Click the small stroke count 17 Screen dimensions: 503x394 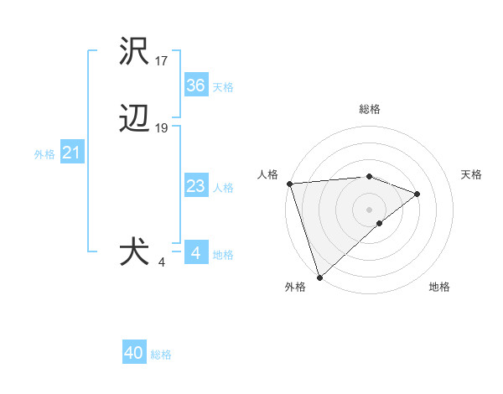coord(162,61)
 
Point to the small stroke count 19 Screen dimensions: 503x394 coord(162,128)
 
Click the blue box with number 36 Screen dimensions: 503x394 coord(195,85)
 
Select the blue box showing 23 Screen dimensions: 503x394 coord(195,186)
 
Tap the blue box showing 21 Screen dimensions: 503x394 coord(71,153)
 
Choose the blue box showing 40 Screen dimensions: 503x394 coord(134,353)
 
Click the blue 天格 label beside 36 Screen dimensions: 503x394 coord(222,86)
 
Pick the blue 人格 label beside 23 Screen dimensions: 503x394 coord(223,188)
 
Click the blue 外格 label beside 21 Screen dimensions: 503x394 coord(44,154)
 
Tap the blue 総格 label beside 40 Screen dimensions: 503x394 coord(161,355)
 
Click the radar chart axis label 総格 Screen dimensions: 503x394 coord(369,109)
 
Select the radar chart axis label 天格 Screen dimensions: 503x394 coord(472,174)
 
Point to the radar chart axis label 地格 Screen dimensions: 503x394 coord(439,287)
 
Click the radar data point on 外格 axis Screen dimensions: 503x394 coord(319,277)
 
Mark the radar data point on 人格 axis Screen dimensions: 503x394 coord(289,184)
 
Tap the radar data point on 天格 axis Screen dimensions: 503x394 coord(417,194)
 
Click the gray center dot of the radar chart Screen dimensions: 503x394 coord(369,209)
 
